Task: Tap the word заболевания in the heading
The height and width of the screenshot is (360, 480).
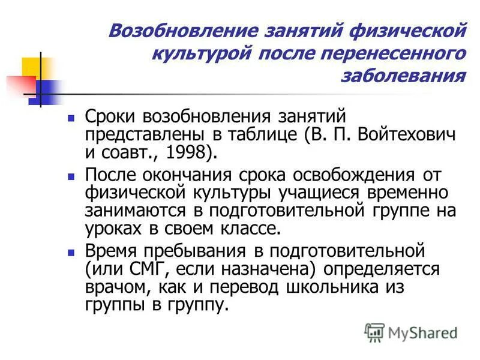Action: coord(403,76)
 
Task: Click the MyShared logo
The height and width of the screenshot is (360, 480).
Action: coord(411,332)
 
